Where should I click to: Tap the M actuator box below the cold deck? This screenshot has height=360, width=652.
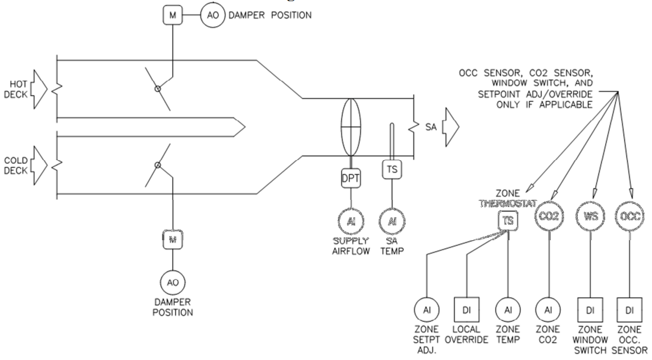pyautogui.click(x=171, y=240)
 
